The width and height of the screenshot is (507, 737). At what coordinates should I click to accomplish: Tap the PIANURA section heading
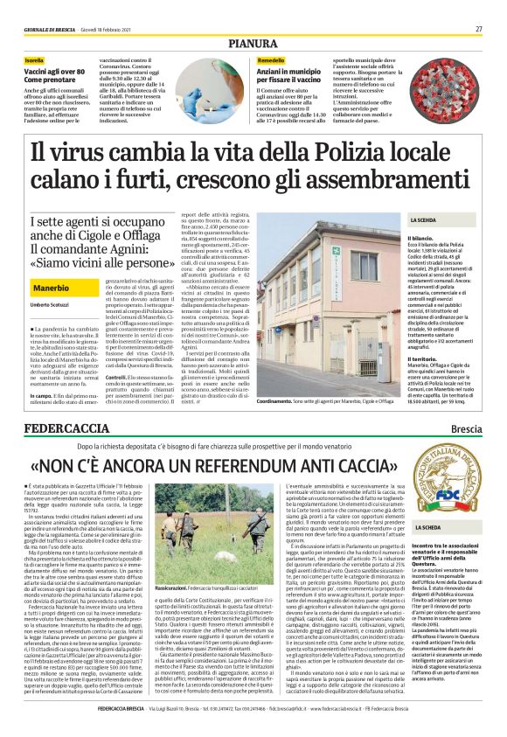point(253,43)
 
